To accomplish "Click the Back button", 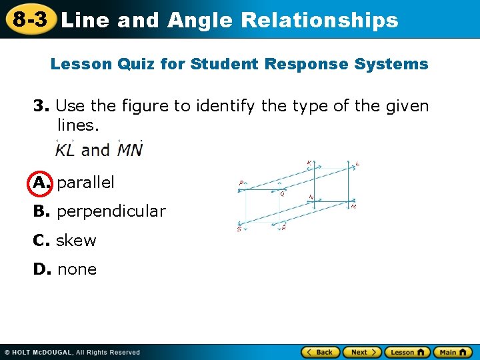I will pyautogui.click(x=320, y=352).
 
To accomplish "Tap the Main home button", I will pyautogui.click(x=453, y=352).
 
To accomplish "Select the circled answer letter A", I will pyautogui.click(x=40, y=182).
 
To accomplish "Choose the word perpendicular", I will pyautogui.click(x=111, y=211).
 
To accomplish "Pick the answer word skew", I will pyautogui.click(x=76, y=241).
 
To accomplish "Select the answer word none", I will pyautogui.click(x=77, y=269).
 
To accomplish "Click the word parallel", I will pyautogui.click(x=86, y=182).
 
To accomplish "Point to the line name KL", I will pyautogui.click(x=64, y=149).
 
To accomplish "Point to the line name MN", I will pyautogui.click(x=129, y=149).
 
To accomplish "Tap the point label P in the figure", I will pyautogui.click(x=241, y=182).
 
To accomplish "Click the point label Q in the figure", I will pyautogui.click(x=283, y=195).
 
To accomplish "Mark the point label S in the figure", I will pyautogui.click(x=239, y=229).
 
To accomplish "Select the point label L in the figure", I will pyautogui.click(x=358, y=163).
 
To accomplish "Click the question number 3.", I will pyautogui.click(x=41, y=106).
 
